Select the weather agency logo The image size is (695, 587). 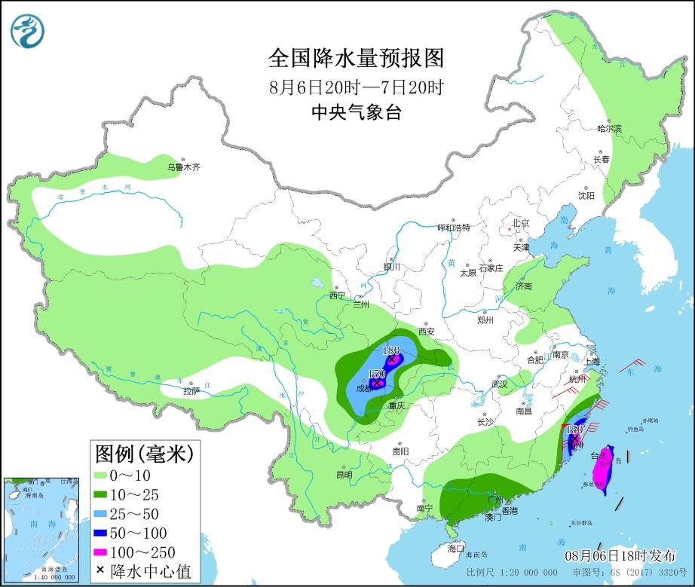click(28, 30)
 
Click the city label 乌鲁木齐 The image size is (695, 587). click(185, 167)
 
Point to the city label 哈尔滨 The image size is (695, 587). click(609, 129)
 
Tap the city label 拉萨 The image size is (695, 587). click(191, 391)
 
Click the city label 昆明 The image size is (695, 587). click(344, 475)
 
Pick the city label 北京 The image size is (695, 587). click(521, 223)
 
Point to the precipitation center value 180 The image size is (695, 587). click(390, 350)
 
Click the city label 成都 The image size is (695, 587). click(363, 389)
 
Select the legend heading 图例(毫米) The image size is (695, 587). click(144, 454)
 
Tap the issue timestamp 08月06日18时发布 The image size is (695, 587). click(620, 556)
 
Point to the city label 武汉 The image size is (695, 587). click(499, 384)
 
